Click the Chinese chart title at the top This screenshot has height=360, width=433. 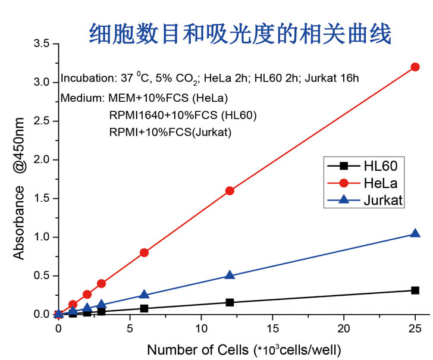[x=240, y=34]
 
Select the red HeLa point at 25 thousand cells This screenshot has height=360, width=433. [x=415, y=67]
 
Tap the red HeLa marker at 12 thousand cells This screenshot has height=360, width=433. [x=230, y=191]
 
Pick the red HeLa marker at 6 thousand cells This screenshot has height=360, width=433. [x=144, y=253]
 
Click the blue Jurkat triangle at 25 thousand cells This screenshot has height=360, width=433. [x=415, y=234]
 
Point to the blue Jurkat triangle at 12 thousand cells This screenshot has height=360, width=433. [x=230, y=276]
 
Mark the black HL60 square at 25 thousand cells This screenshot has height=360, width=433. [x=415, y=290]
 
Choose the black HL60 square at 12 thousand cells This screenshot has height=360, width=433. [x=230, y=302]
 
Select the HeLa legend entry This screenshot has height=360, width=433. [x=363, y=183]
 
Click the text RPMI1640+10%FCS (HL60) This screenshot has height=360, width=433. [x=183, y=115]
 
